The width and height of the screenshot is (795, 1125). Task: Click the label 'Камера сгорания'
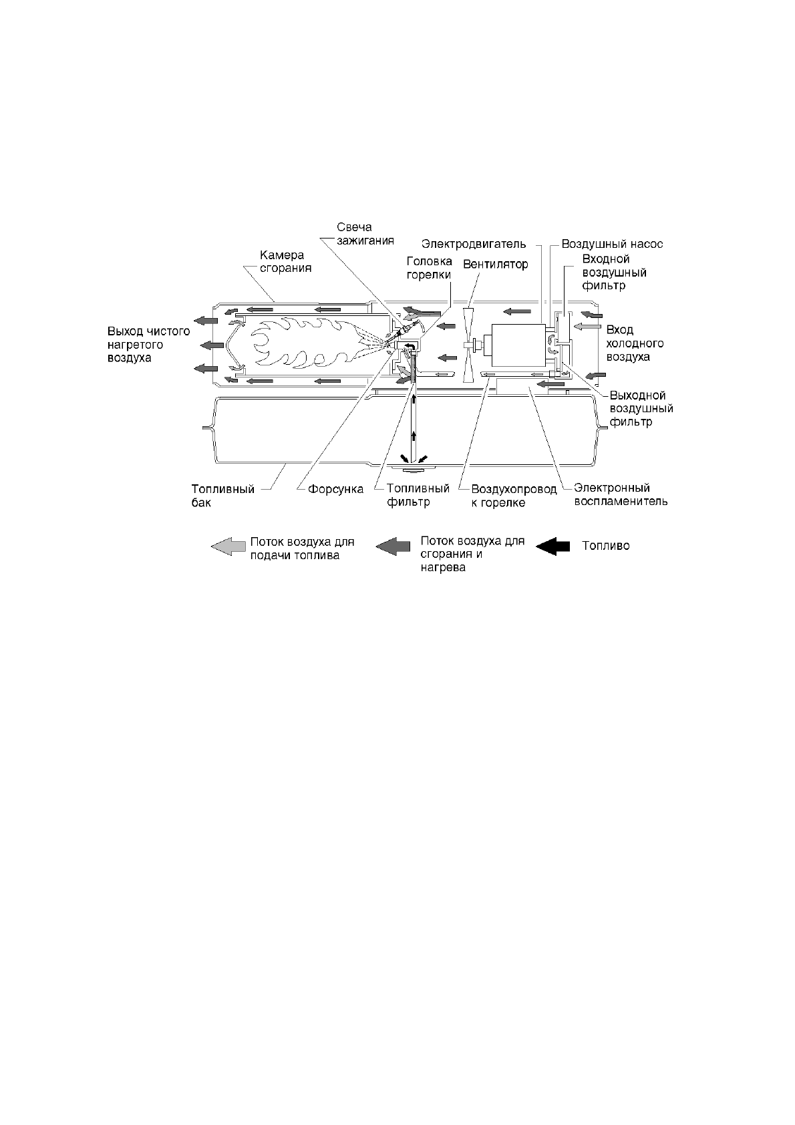285,262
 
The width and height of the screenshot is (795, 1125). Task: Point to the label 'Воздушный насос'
612,245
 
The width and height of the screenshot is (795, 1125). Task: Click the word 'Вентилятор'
495,265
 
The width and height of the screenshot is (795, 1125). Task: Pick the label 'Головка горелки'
429,268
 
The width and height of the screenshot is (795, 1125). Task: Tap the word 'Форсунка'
335,490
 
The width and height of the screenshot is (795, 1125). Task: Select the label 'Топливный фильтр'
418,496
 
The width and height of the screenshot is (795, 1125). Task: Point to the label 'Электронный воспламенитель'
621,495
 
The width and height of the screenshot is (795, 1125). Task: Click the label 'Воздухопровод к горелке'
514,496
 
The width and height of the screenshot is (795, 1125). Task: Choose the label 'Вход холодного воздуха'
635,343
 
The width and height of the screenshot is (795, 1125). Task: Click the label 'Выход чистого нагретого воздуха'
148,344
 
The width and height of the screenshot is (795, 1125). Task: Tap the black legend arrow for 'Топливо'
552,546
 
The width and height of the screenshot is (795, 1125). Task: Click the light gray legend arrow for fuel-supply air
226,546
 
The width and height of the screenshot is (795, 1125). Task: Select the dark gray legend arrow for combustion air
393,546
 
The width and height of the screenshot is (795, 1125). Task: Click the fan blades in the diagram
469,345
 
